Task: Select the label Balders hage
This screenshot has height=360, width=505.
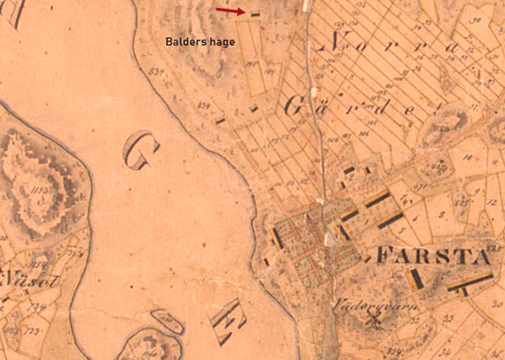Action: [201, 41]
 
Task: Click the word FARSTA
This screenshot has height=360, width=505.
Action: [433, 257]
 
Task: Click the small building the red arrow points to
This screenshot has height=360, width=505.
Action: [256, 13]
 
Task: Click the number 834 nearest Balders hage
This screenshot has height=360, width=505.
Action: [158, 69]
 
